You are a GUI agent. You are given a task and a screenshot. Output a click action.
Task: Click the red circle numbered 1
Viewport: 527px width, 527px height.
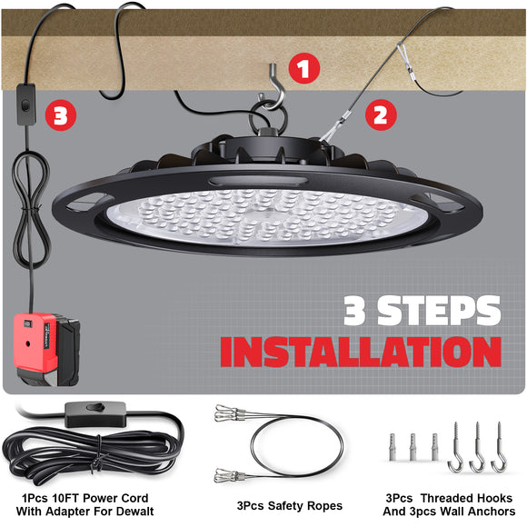(303, 66)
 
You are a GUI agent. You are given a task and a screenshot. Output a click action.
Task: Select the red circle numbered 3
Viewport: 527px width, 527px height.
(58, 114)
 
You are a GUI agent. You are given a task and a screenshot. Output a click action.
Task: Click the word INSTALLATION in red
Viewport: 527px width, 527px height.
(362, 352)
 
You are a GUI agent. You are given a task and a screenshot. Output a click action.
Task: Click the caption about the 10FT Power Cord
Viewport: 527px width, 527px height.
(85, 505)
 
